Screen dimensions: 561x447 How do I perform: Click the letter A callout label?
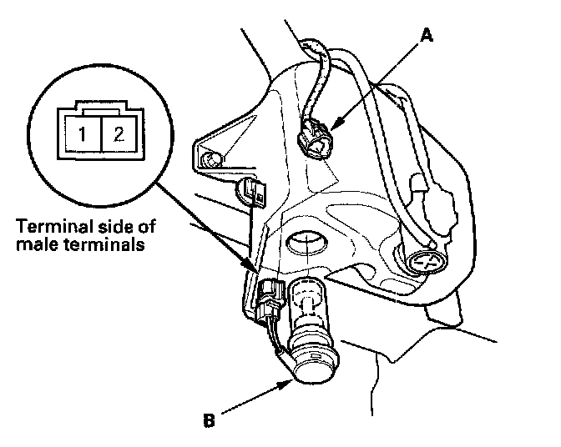click(x=427, y=35)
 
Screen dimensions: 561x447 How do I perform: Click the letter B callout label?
click(x=210, y=419)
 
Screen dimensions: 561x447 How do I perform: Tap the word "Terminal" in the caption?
click(x=56, y=228)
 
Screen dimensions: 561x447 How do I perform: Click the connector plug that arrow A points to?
click(x=315, y=139)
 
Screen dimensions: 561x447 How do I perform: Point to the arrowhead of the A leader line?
click(x=332, y=128)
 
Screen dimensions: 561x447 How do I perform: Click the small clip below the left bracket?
click(x=250, y=192)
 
